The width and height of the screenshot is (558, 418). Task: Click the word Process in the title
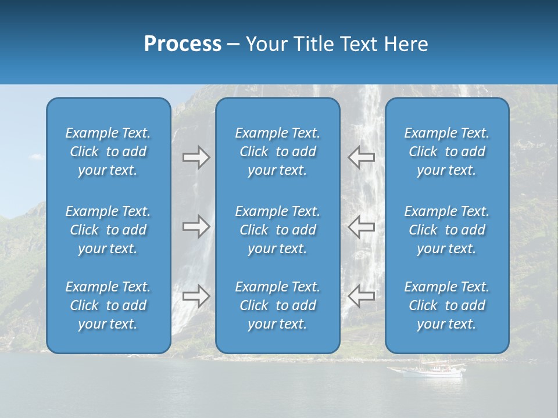pyautogui.click(x=183, y=44)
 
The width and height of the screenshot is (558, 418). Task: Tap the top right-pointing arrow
pyautogui.click(x=196, y=157)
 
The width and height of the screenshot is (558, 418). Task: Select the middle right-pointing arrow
pyautogui.click(x=196, y=227)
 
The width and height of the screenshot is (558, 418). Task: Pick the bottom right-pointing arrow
pyautogui.click(x=196, y=296)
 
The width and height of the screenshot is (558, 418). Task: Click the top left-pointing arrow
pyautogui.click(x=361, y=157)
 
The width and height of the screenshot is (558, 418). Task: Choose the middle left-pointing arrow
pyautogui.click(x=361, y=227)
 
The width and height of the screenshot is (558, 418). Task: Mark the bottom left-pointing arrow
pyautogui.click(x=361, y=296)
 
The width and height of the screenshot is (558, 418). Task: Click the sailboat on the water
pyautogui.click(x=428, y=370)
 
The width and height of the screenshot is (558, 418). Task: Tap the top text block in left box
pyautogui.click(x=108, y=152)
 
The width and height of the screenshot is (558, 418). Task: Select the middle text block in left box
pyautogui.click(x=108, y=230)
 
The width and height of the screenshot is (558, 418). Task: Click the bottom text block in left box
pyautogui.click(x=108, y=305)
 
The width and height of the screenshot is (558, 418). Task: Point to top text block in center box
pyautogui.click(x=277, y=152)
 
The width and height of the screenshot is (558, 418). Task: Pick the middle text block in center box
pyautogui.click(x=277, y=230)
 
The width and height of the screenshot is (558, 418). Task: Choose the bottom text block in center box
pyautogui.click(x=277, y=305)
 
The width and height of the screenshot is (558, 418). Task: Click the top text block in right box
pyautogui.click(x=446, y=152)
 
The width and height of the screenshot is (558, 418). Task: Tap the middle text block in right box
pyautogui.click(x=446, y=230)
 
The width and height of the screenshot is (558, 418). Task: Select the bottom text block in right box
pyautogui.click(x=446, y=305)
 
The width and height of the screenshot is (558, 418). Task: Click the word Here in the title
pyautogui.click(x=406, y=44)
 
